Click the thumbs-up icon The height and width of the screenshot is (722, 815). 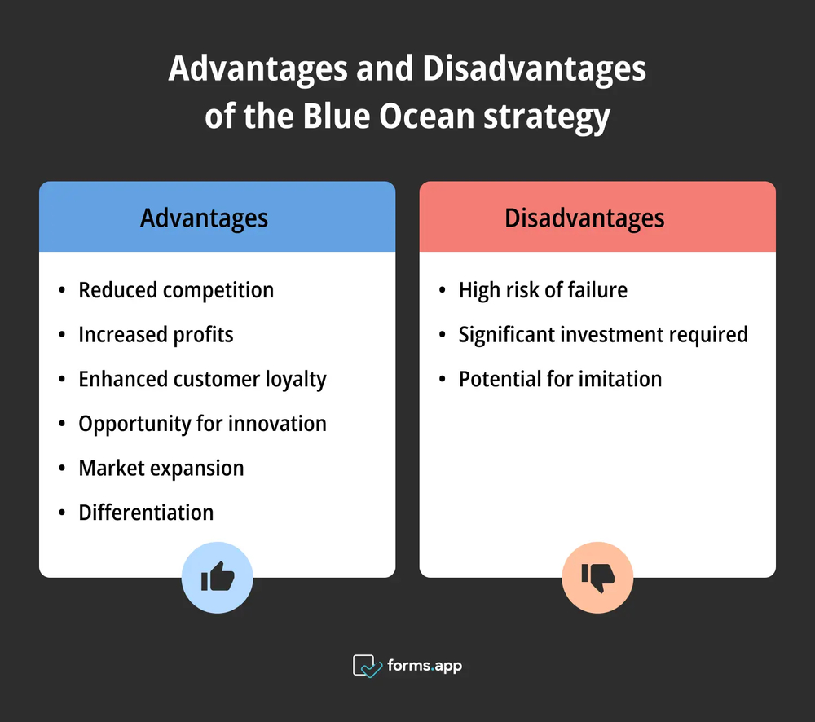point(218,579)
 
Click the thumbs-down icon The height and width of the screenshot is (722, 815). point(597,579)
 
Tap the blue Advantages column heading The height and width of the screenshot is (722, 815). point(204,218)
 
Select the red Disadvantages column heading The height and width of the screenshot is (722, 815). point(584,218)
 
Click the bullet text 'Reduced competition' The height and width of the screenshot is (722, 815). point(176,290)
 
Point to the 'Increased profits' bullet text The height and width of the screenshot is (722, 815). point(156,334)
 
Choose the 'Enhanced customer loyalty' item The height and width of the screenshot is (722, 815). point(202,379)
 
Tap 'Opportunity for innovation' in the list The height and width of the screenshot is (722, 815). point(202,424)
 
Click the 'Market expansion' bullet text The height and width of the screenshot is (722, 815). point(161,468)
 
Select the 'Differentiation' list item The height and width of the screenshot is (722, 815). point(146,513)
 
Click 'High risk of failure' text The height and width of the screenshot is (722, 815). point(543,290)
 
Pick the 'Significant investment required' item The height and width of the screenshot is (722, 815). point(603,334)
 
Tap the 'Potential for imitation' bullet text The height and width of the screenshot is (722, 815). point(560,379)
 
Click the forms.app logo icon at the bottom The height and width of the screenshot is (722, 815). point(368,666)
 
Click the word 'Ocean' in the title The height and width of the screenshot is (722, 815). point(428,117)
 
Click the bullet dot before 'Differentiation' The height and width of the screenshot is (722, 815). point(63,513)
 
